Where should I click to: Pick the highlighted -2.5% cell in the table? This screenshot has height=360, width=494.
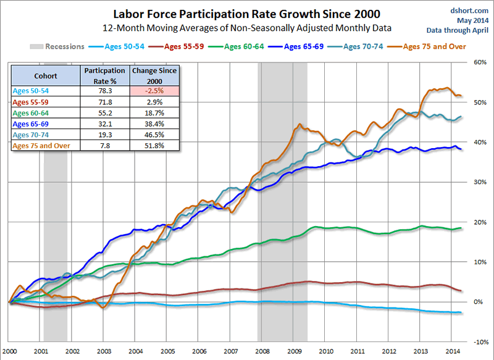click(x=154, y=90)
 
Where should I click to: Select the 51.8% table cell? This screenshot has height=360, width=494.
click(x=154, y=146)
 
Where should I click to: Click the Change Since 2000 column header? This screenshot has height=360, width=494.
click(x=154, y=76)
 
